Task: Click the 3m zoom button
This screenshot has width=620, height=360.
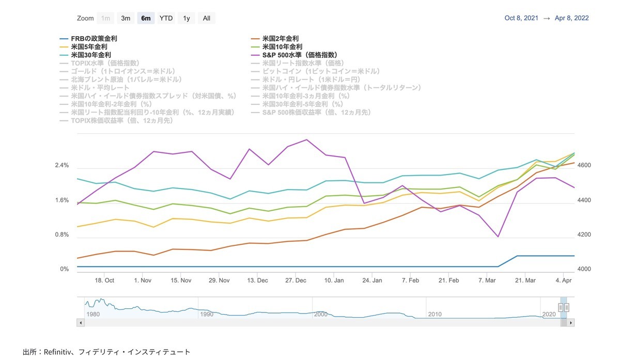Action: pos(126,18)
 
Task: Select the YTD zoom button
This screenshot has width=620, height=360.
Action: pos(166,18)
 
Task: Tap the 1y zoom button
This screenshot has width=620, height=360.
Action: pos(187,18)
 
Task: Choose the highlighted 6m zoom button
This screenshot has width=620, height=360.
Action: pos(146,18)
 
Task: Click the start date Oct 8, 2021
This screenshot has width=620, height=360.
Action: pos(521,18)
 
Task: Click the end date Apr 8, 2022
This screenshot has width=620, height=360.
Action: pos(571,18)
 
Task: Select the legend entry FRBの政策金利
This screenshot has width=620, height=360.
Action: pos(94,39)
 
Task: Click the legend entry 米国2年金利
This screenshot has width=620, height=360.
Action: pos(280,39)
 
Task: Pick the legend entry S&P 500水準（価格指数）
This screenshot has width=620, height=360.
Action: pos(300,55)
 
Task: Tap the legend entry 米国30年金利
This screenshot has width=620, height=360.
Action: pos(91,55)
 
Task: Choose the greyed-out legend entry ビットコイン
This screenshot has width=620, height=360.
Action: pos(321,71)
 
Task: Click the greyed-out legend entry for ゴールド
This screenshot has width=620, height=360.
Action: pos(122,71)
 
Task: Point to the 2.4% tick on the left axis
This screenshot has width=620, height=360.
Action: pos(61,166)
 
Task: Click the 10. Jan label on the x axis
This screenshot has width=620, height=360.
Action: pos(334,280)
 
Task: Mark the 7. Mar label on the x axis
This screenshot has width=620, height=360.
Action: pos(487,280)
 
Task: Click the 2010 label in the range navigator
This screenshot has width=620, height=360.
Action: pos(434,314)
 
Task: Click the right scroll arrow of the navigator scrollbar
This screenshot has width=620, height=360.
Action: pos(571,323)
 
